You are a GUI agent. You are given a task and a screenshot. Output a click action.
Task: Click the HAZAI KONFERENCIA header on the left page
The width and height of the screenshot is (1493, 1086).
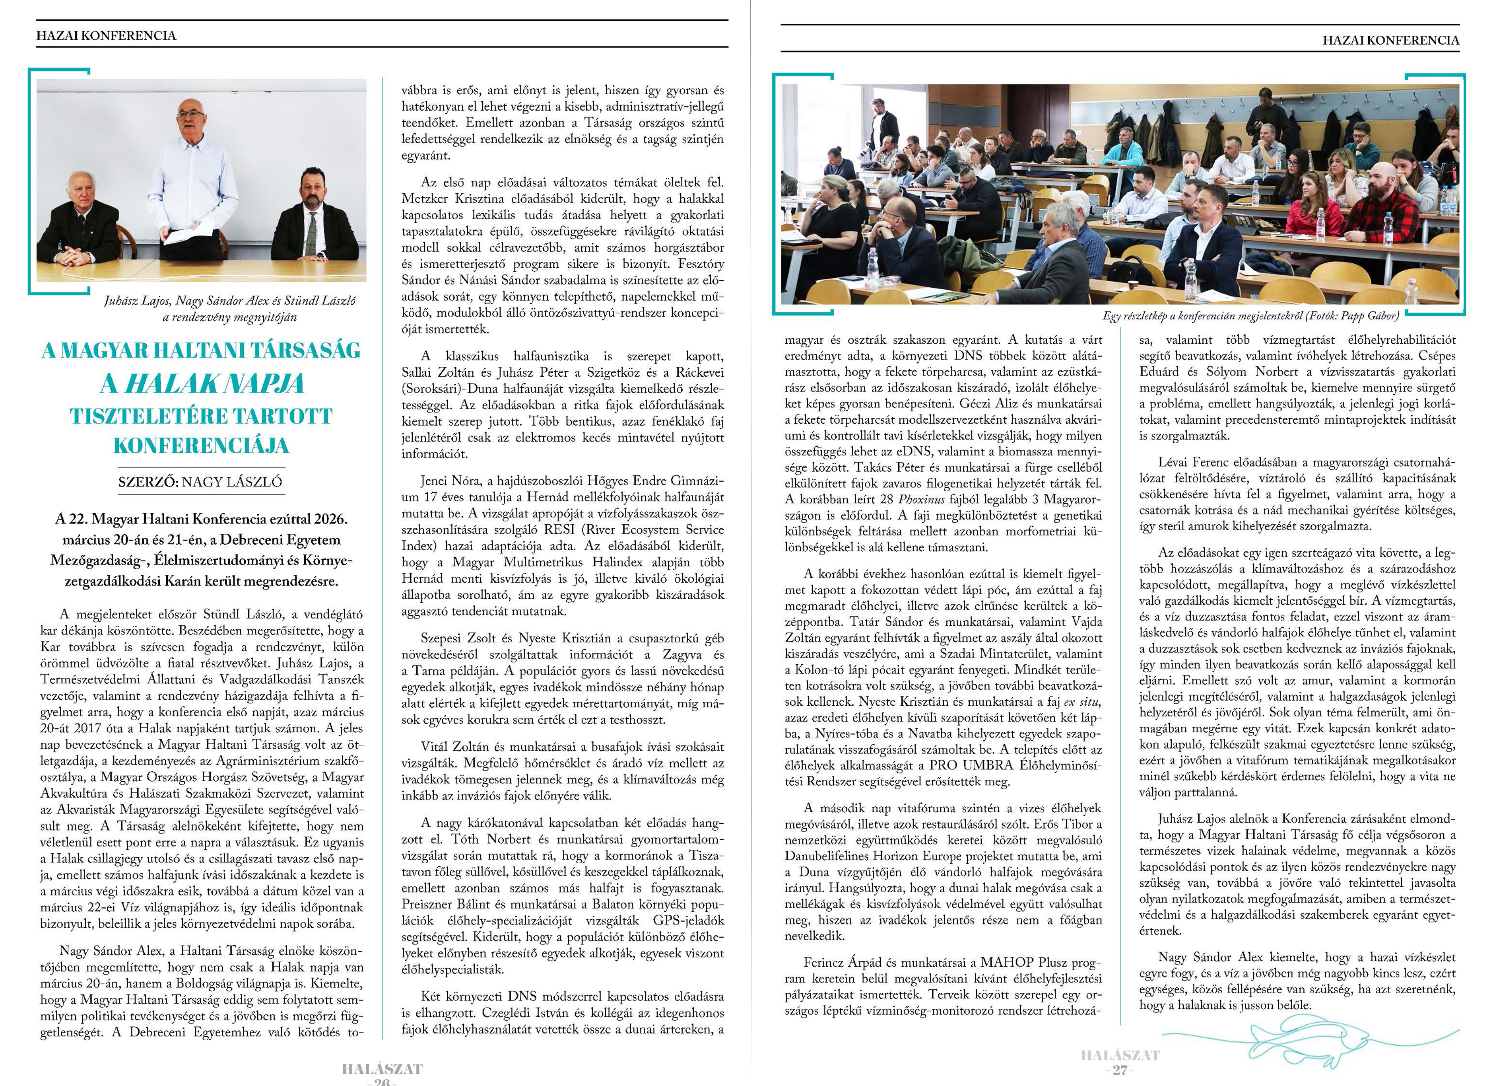tap(106, 35)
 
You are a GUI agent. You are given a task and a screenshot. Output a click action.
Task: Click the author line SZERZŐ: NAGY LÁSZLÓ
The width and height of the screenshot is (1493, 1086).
tap(200, 481)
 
